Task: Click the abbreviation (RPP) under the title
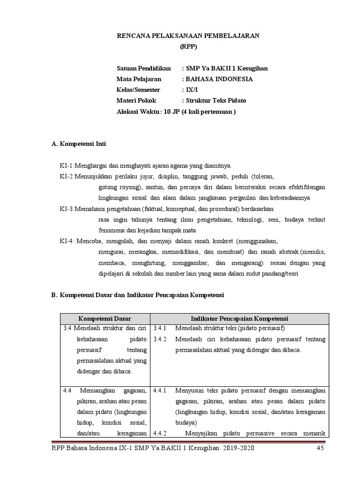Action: [189, 46]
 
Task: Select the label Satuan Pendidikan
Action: [144, 68]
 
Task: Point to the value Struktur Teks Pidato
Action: [216, 101]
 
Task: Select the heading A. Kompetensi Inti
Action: [79, 144]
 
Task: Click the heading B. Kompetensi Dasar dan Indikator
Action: [138, 295]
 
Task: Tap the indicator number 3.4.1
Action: [160, 328]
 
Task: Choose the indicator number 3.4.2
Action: [160, 339]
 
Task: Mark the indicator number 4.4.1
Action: [160, 390]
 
